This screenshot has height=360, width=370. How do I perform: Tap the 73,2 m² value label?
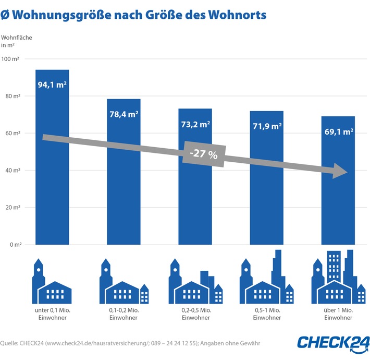pyautogui.click(x=195, y=124)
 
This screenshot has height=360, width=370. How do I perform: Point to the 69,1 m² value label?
pyautogui.click(x=338, y=131)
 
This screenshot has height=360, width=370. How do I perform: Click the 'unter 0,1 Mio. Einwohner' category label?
pyautogui.click(x=52, y=314)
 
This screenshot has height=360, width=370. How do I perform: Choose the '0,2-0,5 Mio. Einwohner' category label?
pyautogui.click(x=195, y=314)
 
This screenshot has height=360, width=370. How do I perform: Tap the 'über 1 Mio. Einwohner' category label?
pyautogui.click(x=338, y=314)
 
